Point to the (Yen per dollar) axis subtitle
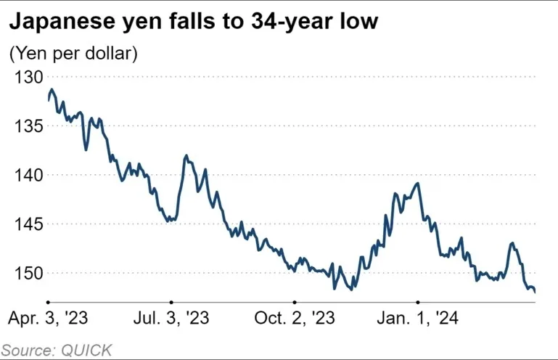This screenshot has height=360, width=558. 73,53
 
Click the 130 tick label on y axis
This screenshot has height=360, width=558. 26,77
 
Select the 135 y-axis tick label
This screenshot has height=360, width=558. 26,126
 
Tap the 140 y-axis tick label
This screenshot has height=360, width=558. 26,175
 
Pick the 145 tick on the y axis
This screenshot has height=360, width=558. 26,224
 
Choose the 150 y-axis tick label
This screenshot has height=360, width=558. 26,273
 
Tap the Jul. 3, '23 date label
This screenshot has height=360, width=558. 171,319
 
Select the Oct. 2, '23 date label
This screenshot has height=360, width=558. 295,319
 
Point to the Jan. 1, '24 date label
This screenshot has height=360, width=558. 418,319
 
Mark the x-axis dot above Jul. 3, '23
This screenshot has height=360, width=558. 171,301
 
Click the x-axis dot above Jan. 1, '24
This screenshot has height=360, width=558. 418,301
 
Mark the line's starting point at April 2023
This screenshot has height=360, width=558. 48,100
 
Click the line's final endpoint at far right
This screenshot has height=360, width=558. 535,292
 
